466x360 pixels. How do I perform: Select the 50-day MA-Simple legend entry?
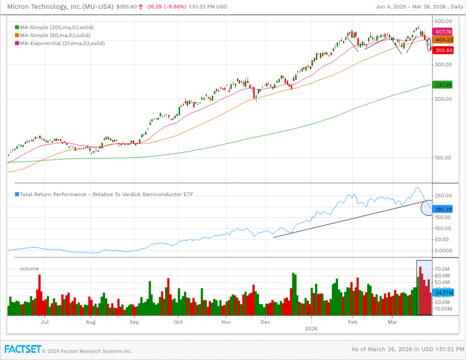[x=55, y=35]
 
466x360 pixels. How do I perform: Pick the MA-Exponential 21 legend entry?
[x=62, y=43]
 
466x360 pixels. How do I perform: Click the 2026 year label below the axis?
[x=311, y=328]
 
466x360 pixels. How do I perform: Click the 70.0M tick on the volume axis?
[x=442, y=268]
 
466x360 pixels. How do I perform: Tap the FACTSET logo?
[x=23, y=349]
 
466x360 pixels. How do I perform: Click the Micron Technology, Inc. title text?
[x=58, y=6]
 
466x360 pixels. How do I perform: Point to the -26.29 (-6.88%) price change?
[x=157, y=7]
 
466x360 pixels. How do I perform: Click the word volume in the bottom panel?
[x=29, y=268]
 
